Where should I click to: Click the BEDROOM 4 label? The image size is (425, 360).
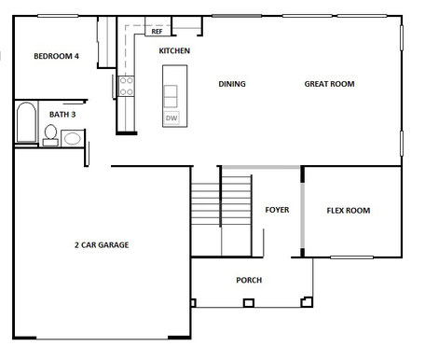tap(56, 56)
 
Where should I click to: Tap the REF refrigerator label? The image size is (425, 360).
tap(157, 32)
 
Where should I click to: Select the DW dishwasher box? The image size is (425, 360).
tap(171, 118)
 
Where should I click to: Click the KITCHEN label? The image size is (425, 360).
tap(174, 50)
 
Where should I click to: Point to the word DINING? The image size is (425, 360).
tap(232, 84)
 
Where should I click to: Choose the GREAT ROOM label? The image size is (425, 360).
tap(329, 84)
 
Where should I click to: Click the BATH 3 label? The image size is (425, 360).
tap(62, 115)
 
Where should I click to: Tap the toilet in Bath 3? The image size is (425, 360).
tap(50, 135)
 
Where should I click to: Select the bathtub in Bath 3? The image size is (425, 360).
tap(26, 122)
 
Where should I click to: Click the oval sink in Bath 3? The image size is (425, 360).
tap(73, 138)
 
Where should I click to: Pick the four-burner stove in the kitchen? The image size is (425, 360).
tap(127, 86)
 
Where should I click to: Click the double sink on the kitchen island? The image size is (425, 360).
tap(171, 96)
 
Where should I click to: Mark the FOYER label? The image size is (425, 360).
tap(277, 210)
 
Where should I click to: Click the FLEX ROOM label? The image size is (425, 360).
tap(349, 211)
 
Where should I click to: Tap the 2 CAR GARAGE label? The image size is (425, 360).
tap(102, 245)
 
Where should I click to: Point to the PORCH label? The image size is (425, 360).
tap(249, 280)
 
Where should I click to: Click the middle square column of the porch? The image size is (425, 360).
tap(249, 303)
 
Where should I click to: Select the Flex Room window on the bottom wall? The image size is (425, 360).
tap(351, 257)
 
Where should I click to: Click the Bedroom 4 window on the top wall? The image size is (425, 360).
tap(58, 16)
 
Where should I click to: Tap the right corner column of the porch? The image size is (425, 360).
tap(307, 302)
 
